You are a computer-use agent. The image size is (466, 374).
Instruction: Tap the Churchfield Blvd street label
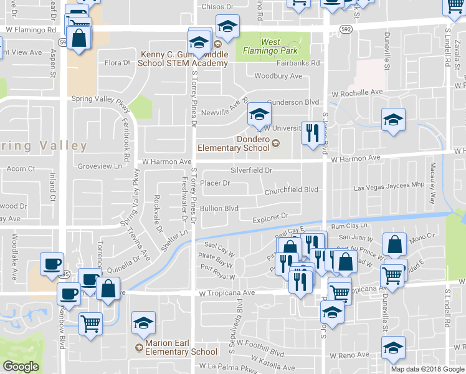pos(291,189)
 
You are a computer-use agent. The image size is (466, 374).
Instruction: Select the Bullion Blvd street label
pos(219,208)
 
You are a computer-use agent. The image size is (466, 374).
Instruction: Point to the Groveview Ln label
pos(100,166)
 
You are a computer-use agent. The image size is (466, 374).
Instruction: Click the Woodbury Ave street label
pos(278,76)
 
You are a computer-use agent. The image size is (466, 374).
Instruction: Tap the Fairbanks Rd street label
pos(298,63)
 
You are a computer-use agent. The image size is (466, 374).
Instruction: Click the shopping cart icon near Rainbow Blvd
pos(91,324)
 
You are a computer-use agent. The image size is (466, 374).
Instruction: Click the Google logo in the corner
pos(21,367)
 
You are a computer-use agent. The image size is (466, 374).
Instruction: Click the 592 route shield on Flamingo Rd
pos(346,29)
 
